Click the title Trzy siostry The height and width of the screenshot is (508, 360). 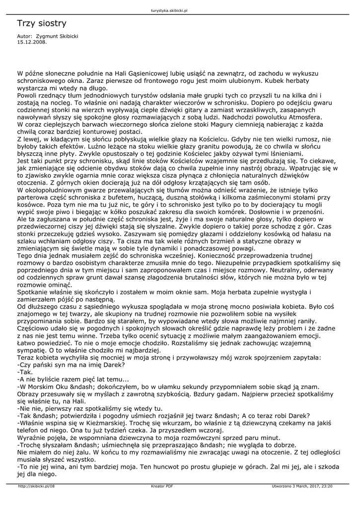click(x=41, y=23)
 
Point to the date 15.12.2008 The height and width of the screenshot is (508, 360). click(x=31, y=42)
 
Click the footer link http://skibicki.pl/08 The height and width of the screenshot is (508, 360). click(x=36, y=486)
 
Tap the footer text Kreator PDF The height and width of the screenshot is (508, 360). click(x=162, y=486)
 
